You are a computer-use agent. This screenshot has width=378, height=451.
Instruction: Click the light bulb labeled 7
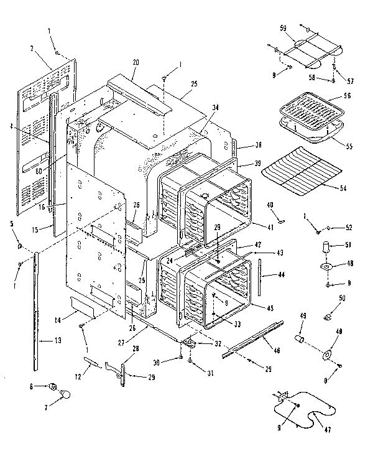(x=64, y=393)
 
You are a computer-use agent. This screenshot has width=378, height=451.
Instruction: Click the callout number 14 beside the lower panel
(x=57, y=320)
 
